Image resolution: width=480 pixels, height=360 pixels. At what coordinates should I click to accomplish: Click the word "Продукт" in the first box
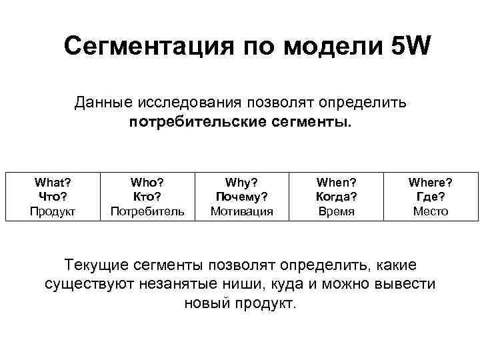tap(53, 211)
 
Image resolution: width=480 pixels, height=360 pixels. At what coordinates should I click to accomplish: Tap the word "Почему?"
tap(242, 196)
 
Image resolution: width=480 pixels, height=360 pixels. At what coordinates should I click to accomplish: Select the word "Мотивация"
tap(242, 211)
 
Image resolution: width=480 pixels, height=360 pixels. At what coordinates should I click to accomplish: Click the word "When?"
tap(336, 181)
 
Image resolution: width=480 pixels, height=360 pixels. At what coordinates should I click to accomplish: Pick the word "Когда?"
tap(336, 196)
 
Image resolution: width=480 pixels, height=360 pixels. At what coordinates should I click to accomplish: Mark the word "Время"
tap(336, 211)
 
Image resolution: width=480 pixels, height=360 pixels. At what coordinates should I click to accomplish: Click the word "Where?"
tap(431, 181)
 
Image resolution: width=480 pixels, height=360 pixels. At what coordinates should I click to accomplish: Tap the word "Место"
tap(431, 211)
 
